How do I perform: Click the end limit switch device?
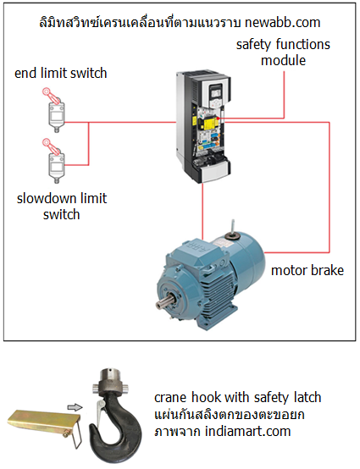click(55, 111)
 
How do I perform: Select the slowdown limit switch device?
click(55, 162)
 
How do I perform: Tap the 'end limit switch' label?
click(61, 74)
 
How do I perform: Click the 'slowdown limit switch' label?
click(62, 207)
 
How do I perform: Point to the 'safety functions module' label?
click(283, 52)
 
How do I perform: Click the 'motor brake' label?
click(307, 270)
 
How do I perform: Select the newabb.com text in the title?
click(283, 23)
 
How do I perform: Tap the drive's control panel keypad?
click(216, 95)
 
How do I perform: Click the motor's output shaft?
click(163, 303)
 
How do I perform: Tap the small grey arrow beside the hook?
click(75, 407)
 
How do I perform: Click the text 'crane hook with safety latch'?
click(238, 398)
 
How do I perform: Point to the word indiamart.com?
click(248, 431)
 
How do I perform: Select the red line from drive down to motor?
click(202, 211)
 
